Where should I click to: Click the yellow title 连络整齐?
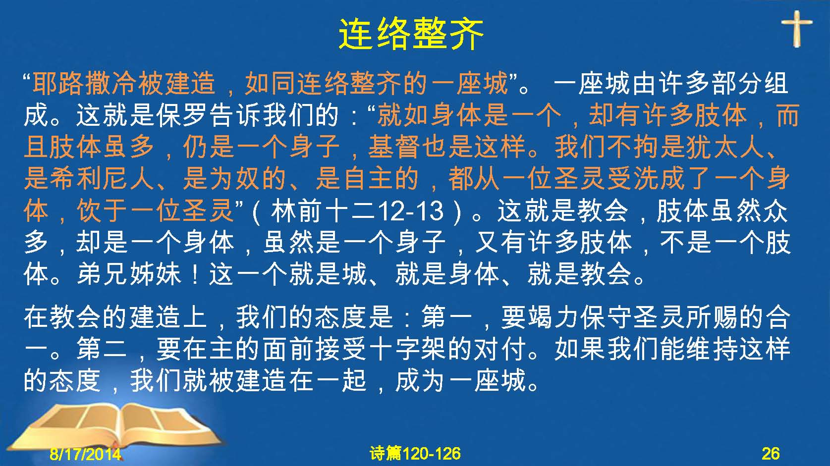tap(411, 34)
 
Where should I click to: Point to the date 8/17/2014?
tap(85, 454)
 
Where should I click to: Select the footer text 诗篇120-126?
tap(415, 454)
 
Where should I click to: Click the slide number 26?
tap(771, 454)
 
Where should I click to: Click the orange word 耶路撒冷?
tap(84, 83)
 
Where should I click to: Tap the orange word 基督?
tap(394, 147)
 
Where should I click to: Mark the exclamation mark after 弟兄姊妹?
tap(195, 274)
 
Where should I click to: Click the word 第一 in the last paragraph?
tap(446, 317)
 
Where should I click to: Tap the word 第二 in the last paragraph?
tap(102, 349)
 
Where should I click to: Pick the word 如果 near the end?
tap(580, 349)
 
